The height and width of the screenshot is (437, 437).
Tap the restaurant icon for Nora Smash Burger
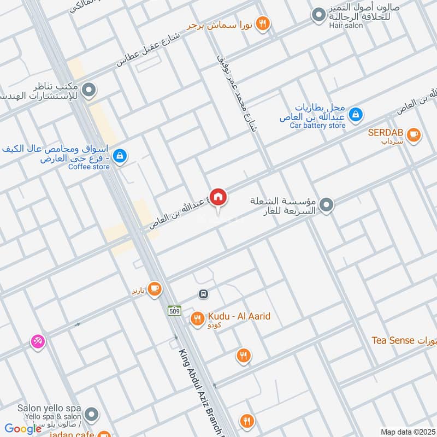click(263, 23)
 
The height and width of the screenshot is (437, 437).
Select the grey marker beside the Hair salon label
click(318, 14)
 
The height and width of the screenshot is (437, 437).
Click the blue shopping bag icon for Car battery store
click(356, 114)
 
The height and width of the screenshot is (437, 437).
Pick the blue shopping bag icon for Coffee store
click(121, 157)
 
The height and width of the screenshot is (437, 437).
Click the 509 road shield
click(174, 310)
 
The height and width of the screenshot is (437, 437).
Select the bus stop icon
click(203, 294)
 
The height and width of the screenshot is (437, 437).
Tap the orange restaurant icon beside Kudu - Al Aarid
click(197, 318)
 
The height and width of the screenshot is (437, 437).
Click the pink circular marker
click(38, 341)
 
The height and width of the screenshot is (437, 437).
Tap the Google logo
click(23, 429)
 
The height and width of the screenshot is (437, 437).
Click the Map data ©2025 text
click(406, 432)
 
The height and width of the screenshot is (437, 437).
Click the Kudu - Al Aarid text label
click(239, 316)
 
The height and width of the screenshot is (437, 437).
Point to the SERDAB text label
click(386, 132)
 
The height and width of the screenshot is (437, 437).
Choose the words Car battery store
click(317, 125)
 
